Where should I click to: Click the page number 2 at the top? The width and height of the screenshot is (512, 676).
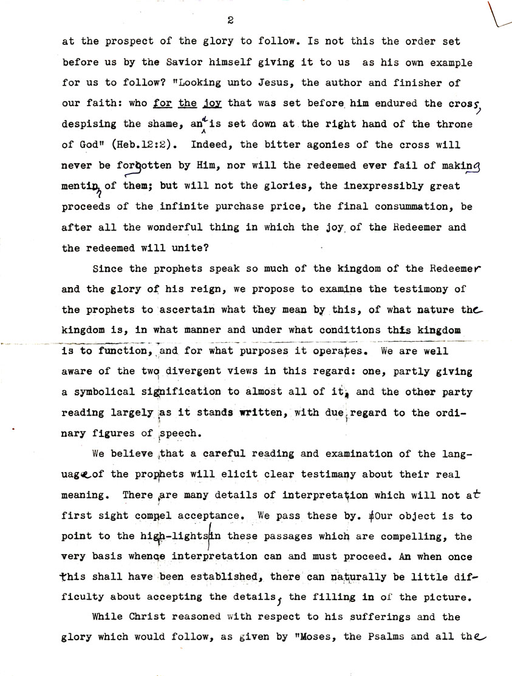tap(230, 20)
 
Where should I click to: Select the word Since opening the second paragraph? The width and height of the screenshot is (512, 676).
tap(108, 269)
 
